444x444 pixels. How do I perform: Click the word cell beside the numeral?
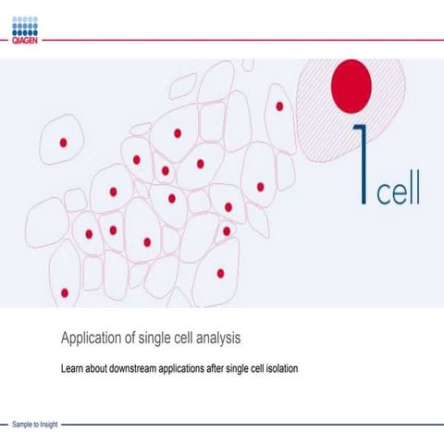(x=398, y=190)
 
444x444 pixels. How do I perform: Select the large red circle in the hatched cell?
(x=352, y=83)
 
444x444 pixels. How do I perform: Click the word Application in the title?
(x=92, y=338)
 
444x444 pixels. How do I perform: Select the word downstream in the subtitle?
(x=136, y=369)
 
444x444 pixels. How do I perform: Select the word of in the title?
(x=129, y=338)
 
